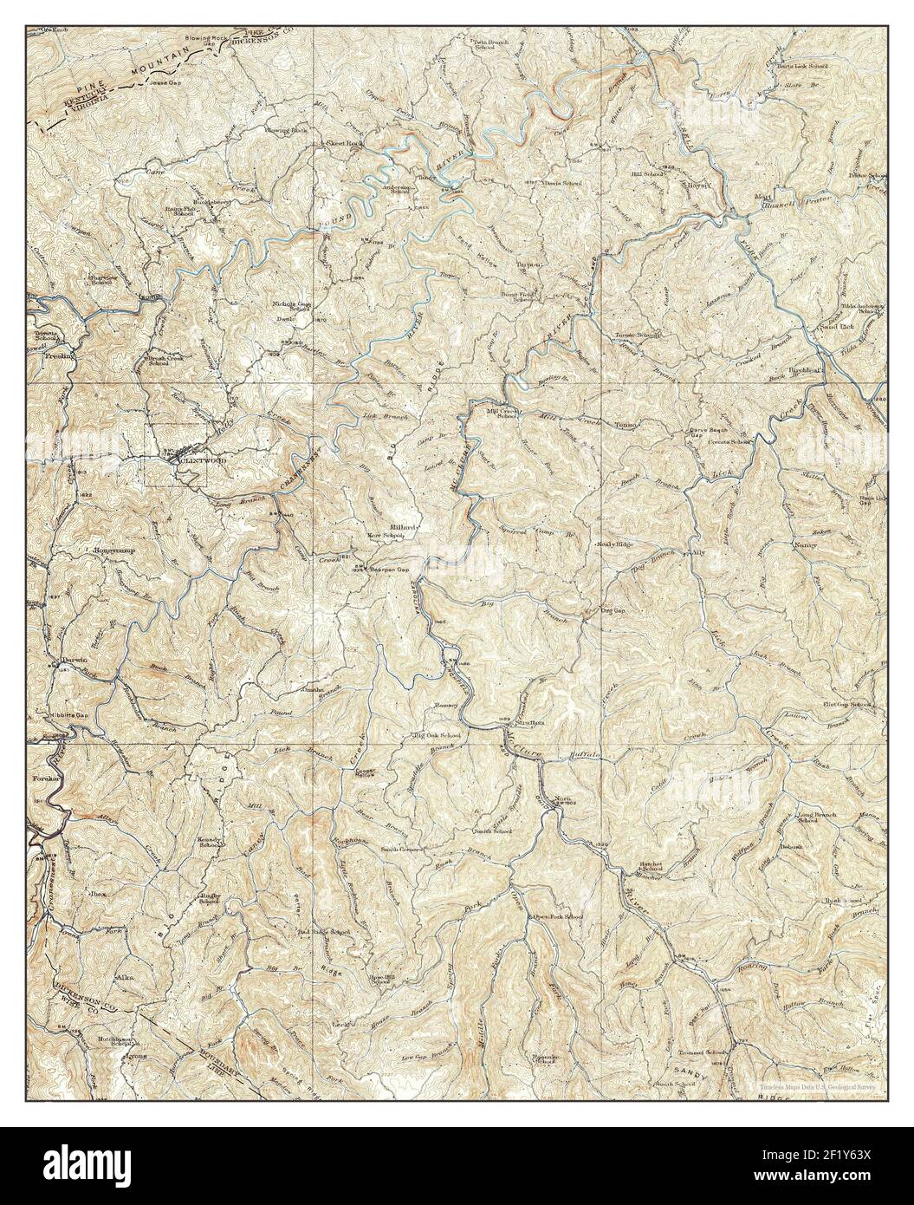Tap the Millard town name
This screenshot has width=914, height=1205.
[405, 526]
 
